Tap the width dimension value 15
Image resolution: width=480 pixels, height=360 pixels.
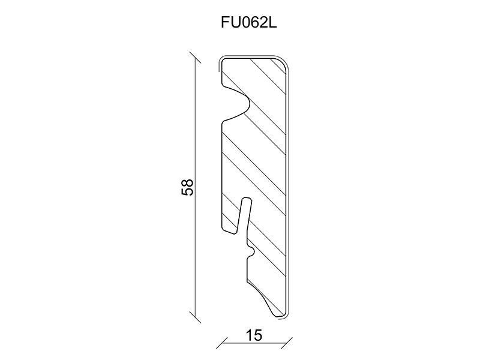254,335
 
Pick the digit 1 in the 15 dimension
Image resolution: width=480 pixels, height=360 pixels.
249,335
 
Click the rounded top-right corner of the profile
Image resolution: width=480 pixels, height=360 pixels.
284,62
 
